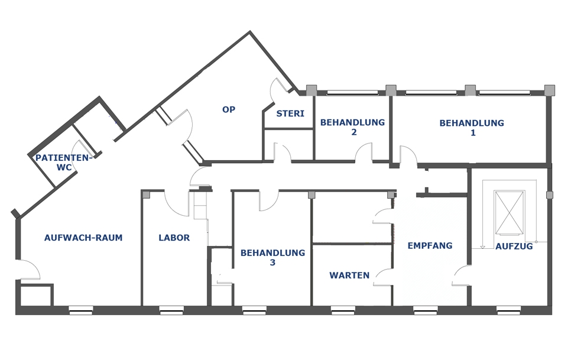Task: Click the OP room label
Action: pos(229,109)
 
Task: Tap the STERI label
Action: pos(290,113)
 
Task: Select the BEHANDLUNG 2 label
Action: pos(352,127)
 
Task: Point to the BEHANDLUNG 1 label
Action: pos(472,128)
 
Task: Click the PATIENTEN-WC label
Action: pos(63,163)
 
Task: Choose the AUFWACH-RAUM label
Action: pos(83,238)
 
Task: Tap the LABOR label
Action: pos(174,238)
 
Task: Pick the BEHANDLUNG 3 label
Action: pos(272,257)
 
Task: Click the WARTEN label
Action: pos(349,275)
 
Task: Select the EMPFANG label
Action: pos(430,246)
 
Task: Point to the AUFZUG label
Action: pos(514,247)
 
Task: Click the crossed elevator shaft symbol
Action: pos(510,213)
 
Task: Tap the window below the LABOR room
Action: pos(171,310)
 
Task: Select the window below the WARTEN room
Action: pos(343,310)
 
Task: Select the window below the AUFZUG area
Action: pos(508,310)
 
